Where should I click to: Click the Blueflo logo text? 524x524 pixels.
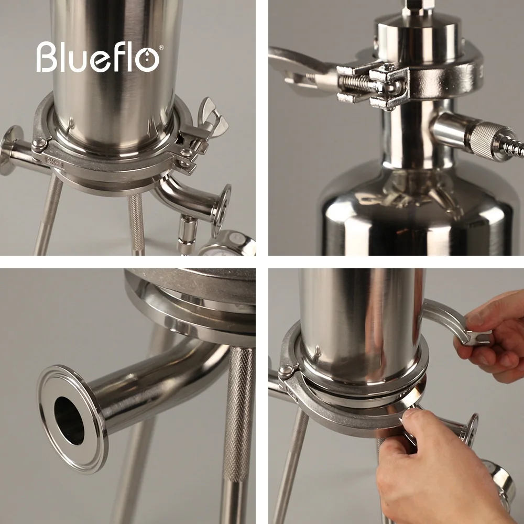pos(97,57)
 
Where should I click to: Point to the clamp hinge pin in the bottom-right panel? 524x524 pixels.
pos(287,372)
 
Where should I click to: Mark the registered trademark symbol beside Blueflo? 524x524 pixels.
pos(161,48)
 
